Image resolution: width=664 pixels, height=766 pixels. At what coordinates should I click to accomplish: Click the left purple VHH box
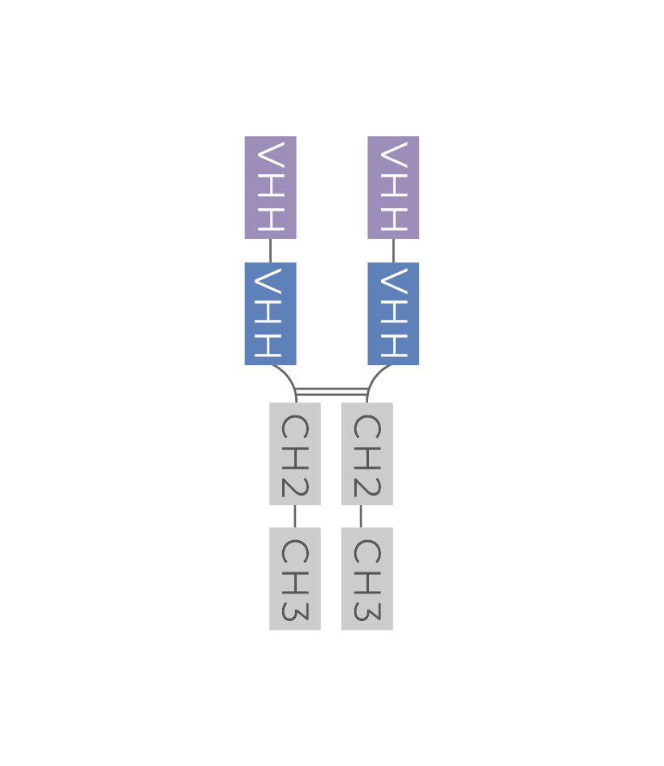tap(270, 187)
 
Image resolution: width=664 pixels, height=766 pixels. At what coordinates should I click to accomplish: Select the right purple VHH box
tap(393, 187)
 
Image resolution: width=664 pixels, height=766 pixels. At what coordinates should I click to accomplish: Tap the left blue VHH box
tap(270, 313)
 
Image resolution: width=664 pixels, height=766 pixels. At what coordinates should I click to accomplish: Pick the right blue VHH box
tap(393, 313)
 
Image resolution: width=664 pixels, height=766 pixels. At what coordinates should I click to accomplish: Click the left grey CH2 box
tap(295, 453)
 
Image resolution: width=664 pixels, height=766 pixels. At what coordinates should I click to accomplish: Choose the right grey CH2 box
tap(367, 453)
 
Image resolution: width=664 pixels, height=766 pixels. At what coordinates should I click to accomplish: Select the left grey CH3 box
tap(295, 578)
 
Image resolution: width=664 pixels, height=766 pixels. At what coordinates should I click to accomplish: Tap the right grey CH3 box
tap(367, 578)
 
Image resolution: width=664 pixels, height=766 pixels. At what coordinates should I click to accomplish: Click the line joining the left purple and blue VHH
tap(270, 250)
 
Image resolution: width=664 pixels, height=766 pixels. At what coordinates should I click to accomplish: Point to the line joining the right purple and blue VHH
tap(393, 250)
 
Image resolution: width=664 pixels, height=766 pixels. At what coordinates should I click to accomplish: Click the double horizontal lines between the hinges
tap(332, 392)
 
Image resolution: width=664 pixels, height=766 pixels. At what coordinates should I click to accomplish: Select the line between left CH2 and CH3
tap(295, 516)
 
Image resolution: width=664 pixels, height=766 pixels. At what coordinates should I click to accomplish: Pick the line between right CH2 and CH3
tap(361, 516)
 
